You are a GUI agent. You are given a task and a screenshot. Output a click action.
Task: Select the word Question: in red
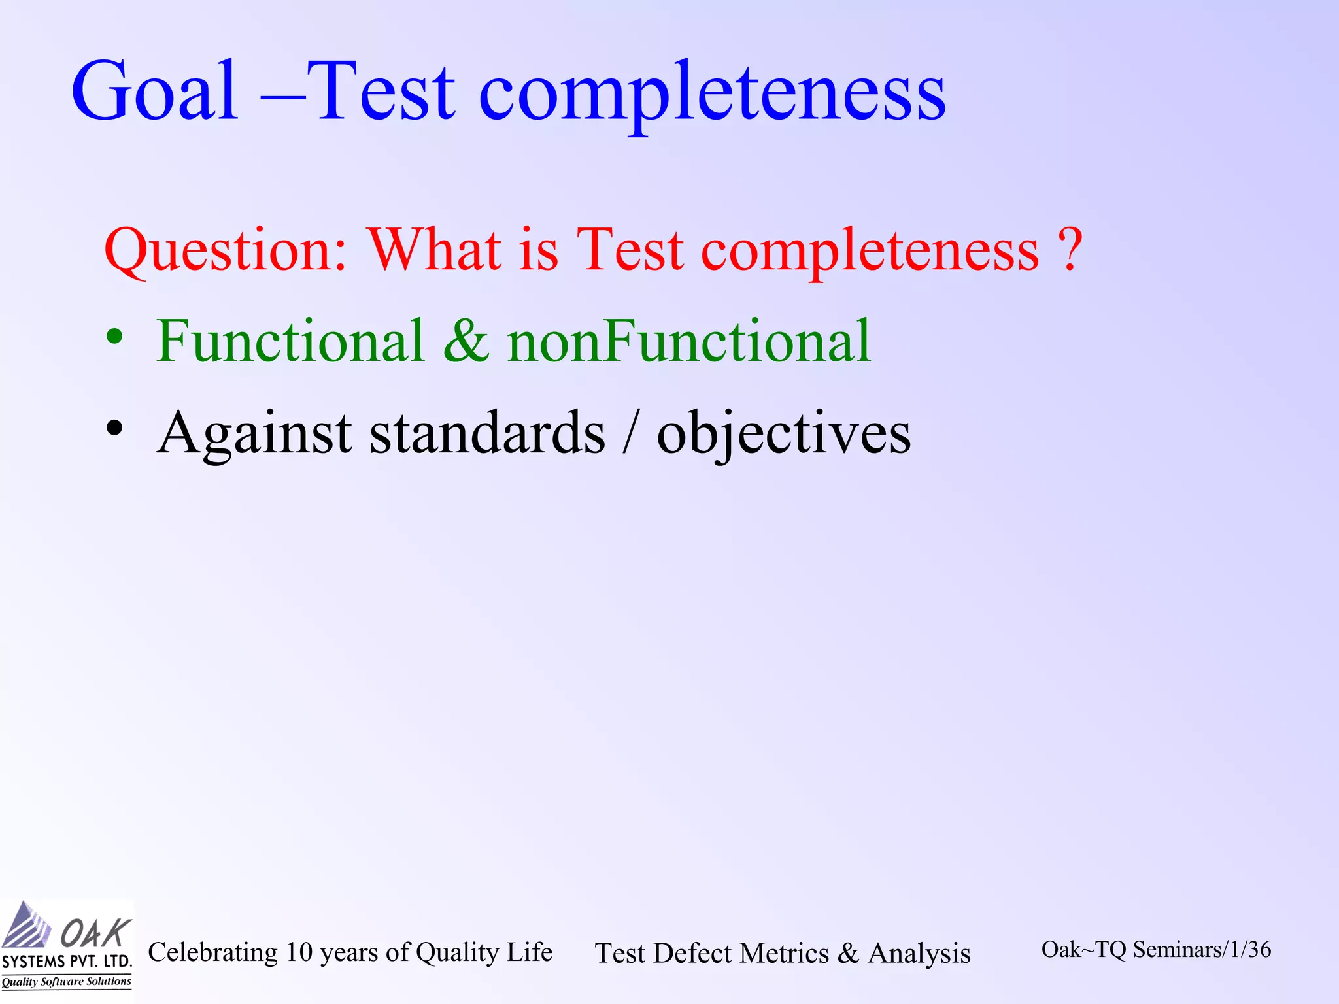pyautogui.click(x=226, y=252)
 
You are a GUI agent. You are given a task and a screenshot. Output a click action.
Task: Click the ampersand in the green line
pyautogui.click(x=466, y=341)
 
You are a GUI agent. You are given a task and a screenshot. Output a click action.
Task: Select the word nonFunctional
pyautogui.click(x=689, y=341)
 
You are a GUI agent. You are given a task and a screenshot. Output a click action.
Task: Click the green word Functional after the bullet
pyautogui.click(x=290, y=341)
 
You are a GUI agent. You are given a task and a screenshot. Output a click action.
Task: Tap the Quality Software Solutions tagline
pyautogui.click(x=66, y=982)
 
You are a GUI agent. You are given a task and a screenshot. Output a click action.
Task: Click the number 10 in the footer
pyautogui.click(x=299, y=952)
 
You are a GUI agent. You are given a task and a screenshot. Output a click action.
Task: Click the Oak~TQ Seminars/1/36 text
pyautogui.click(x=1156, y=950)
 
